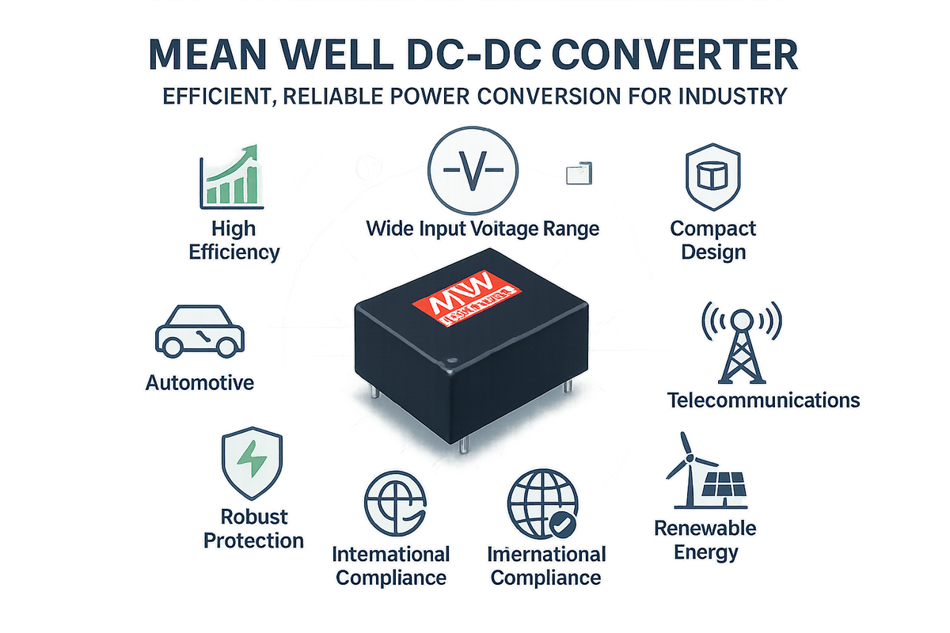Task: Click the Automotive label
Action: [x=200, y=383]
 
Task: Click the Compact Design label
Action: [x=713, y=241]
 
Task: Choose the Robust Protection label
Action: [x=253, y=529]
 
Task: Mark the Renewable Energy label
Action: [x=705, y=540]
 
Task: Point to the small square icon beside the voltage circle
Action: [x=579, y=172]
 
